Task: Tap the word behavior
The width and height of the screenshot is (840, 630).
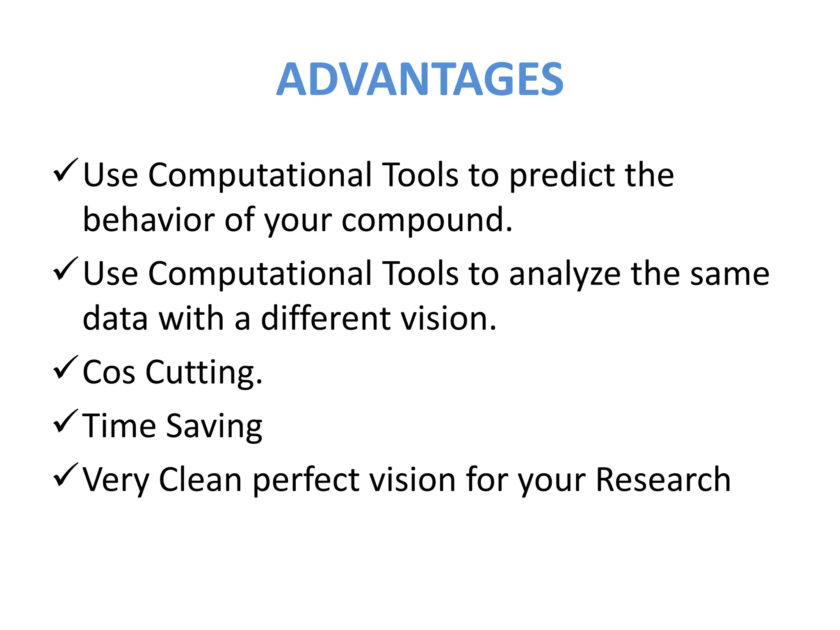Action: [148, 220]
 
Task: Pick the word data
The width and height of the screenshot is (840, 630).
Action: [115, 319]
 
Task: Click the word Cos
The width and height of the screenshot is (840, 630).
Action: [109, 372]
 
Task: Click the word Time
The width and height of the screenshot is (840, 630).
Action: [119, 426]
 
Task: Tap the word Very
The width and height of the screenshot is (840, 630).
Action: [116, 480]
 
